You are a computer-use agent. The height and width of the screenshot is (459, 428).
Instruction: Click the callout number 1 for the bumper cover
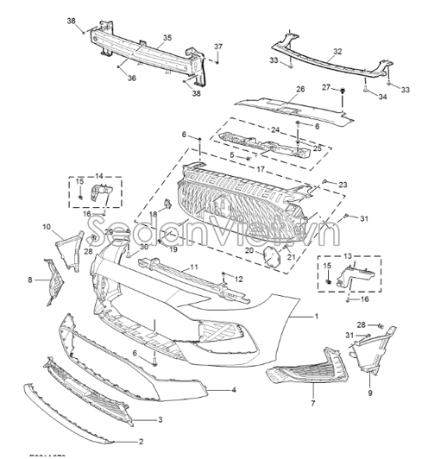[x=316, y=318]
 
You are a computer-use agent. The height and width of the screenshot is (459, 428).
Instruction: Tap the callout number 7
[x=313, y=404]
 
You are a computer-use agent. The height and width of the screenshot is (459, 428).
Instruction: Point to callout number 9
[x=370, y=393]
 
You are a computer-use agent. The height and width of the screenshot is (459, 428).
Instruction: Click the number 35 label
[x=167, y=37]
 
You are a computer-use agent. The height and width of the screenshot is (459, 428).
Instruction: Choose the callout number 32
[x=337, y=52]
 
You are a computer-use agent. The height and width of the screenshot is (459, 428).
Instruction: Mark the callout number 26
[x=300, y=90]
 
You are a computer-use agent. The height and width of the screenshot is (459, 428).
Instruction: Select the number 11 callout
[x=194, y=267]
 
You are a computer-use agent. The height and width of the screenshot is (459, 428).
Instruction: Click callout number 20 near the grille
[x=250, y=250]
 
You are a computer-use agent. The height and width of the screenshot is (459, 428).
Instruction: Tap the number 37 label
[x=218, y=46]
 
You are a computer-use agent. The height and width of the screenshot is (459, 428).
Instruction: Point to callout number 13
[x=348, y=257]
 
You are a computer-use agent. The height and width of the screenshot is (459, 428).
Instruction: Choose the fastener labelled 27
[x=343, y=91]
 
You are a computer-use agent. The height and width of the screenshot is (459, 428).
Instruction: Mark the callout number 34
[x=382, y=97]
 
